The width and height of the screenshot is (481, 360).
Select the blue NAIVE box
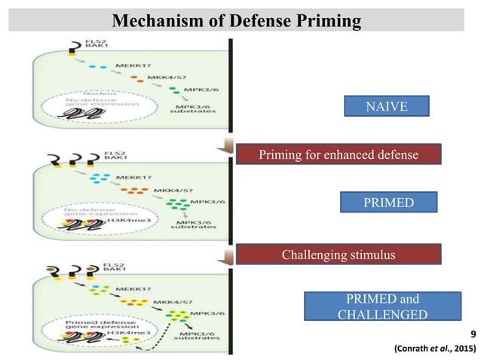[x=387, y=107]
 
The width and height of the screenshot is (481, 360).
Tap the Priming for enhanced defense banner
[x=337, y=155]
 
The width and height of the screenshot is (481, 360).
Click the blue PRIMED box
[x=387, y=202]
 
